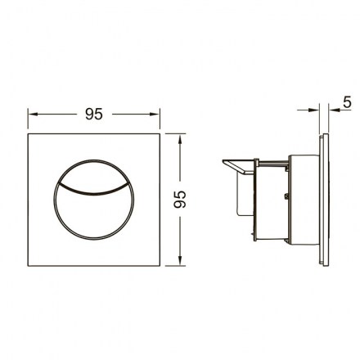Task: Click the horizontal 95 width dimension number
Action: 94,114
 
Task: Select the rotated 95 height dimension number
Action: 180,200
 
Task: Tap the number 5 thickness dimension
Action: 347,102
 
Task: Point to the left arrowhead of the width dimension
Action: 33,114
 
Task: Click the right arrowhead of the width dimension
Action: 155,114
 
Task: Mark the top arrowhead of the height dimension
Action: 180,139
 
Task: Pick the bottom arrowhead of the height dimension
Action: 180,260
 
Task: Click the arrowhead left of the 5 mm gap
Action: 313,110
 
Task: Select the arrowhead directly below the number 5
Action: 334,110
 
